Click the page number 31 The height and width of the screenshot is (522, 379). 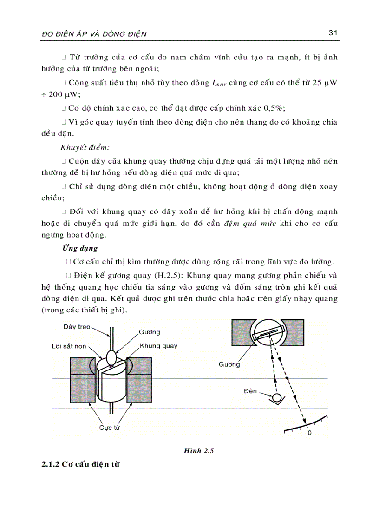point(332,33)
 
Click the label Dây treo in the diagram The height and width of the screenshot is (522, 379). point(77,327)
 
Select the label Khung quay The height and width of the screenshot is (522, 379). point(158,346)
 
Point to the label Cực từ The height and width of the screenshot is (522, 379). point(110,428)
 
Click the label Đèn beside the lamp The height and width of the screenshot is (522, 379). point(250,391)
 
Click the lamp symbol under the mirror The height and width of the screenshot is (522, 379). point(277,398)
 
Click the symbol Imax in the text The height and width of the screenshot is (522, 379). point(220,84)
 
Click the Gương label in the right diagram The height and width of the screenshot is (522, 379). point(229,364)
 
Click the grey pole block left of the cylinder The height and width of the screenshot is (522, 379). point(82,380)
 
